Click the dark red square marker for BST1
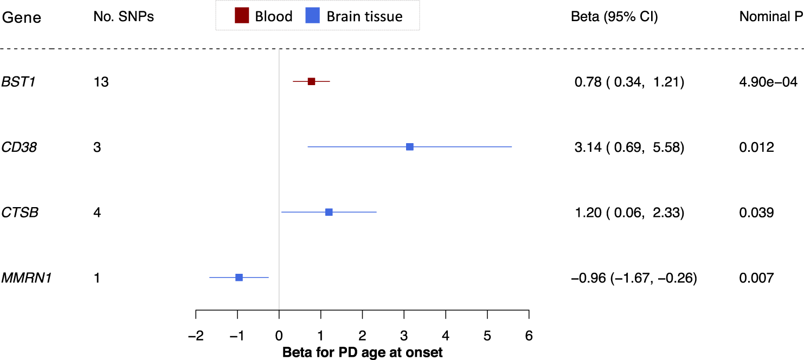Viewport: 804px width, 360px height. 311,81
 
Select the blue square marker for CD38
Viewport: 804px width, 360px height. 410,147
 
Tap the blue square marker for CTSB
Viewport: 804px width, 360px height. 329,212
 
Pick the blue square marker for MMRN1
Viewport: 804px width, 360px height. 239,278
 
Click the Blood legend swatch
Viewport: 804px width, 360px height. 241,16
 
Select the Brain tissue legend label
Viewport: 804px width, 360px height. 364,16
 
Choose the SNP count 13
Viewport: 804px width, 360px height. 101,82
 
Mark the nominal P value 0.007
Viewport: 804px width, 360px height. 756,278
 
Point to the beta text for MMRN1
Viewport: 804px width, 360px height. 634,278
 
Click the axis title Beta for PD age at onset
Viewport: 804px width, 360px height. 363,352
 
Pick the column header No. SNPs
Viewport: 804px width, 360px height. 124,17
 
